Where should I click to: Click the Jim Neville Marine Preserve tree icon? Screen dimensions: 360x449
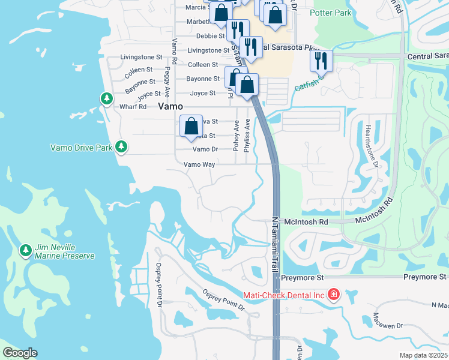[x=25, y=249]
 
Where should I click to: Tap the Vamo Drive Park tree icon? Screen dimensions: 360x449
[x=121, y=146]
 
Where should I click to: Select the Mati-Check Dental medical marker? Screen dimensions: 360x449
[x=333, y=295]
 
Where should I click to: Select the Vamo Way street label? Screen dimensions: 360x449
[x=199, y=164]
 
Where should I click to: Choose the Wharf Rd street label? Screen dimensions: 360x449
[x=133, y=107]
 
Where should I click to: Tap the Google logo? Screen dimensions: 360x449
[x=20, y=353]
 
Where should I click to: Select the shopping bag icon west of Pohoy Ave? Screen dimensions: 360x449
[x=191, y=126]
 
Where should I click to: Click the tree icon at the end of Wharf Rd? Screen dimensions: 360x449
[x=107, y=98]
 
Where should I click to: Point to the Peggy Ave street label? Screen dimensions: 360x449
[x=167, y=77]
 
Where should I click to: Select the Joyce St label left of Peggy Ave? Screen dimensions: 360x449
[x=149, y=94]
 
